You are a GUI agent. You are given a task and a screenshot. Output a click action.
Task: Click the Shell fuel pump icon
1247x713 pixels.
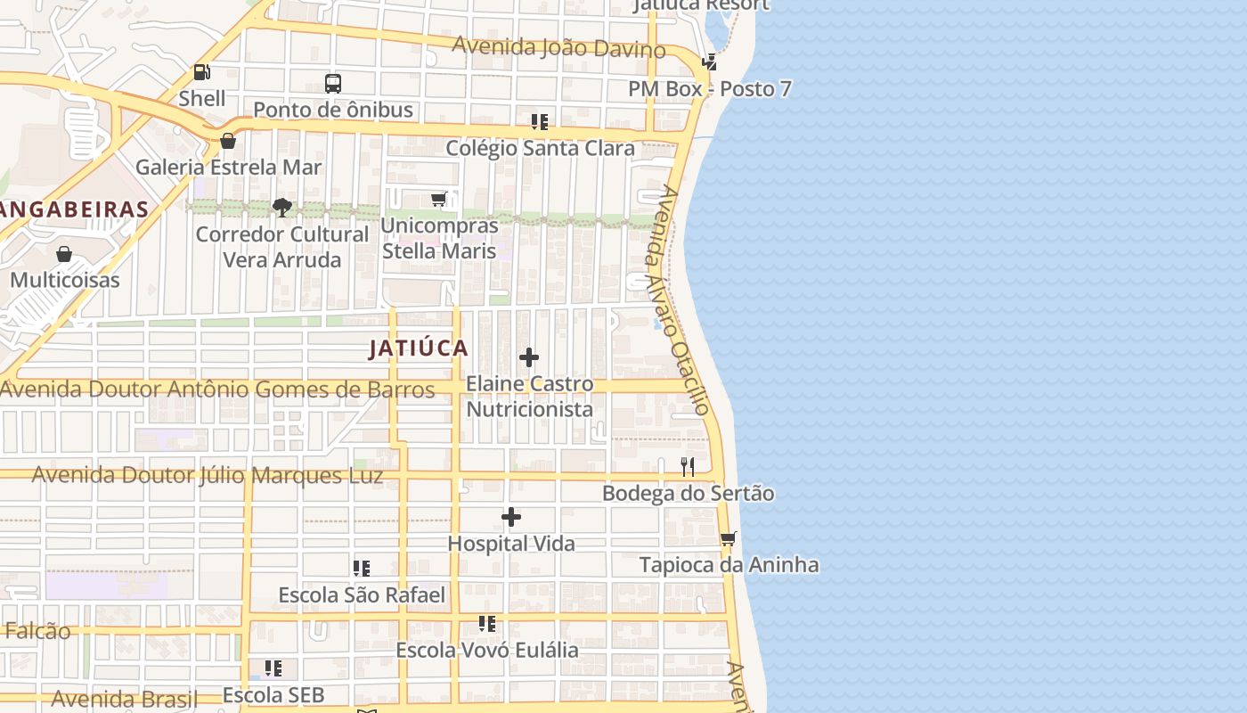click(202, 72)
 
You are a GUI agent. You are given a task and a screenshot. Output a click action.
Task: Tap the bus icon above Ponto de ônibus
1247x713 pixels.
click(333, 84)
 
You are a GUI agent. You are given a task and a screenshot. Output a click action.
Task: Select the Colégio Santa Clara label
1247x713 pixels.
click(540, 148)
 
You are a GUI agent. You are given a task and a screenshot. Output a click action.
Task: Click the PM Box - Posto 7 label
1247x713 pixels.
click(709, 89)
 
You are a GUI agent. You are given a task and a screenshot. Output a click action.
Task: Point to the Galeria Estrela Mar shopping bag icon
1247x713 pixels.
click(228, 141)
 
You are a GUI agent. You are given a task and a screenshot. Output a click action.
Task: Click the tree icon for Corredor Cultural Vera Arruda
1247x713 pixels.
click(282, 208)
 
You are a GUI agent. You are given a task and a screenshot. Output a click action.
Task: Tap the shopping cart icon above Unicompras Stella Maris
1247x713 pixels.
click(439, 200)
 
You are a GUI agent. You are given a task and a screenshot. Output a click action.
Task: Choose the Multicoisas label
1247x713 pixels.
click(64, 280)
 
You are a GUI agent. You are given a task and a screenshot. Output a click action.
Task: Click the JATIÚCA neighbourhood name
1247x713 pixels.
click(419, 348)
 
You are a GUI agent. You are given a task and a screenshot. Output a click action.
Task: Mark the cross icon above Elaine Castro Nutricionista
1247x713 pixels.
click(529, 357)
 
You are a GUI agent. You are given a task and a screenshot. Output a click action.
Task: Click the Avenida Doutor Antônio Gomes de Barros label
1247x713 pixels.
click(218, 389)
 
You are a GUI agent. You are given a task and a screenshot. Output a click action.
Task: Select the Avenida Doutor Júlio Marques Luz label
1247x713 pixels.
click(208, 475)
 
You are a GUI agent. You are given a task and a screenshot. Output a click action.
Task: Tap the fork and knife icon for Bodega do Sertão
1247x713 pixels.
click(688, 466)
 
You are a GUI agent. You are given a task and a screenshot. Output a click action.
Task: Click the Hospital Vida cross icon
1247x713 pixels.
click(511, 517)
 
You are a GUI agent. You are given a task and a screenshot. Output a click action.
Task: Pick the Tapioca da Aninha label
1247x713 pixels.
click(729, 565)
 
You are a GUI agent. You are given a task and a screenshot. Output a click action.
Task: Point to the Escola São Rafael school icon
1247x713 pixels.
click(362, 568)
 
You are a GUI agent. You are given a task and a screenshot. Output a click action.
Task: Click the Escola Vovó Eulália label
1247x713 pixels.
click(487, 650)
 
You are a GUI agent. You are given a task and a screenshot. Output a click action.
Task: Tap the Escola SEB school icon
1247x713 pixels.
click(273, 668)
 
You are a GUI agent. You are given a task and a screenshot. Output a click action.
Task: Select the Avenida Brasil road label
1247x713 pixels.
click(125, 699)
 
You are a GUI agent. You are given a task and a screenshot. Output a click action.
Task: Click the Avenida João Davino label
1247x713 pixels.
click(558, 46)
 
